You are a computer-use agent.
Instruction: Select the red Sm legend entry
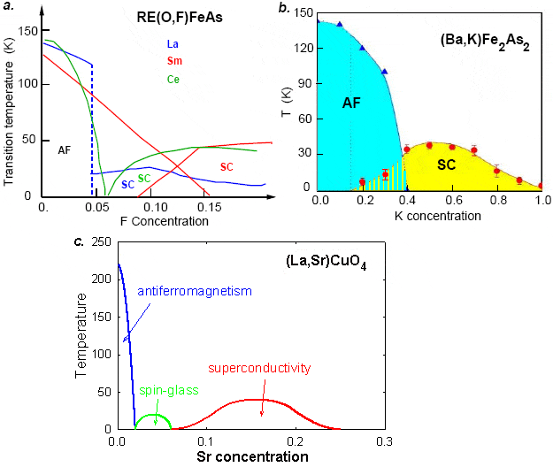click(173, 62)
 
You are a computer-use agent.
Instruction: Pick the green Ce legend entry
click(173, 80)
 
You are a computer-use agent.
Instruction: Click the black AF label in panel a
click(65, 150)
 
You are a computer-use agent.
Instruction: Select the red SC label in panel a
click(227, 166)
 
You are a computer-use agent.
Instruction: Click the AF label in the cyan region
click(352, 103)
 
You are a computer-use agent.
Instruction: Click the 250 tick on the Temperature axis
click(105, 241)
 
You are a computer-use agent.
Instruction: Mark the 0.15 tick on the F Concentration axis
click(206, 205)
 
